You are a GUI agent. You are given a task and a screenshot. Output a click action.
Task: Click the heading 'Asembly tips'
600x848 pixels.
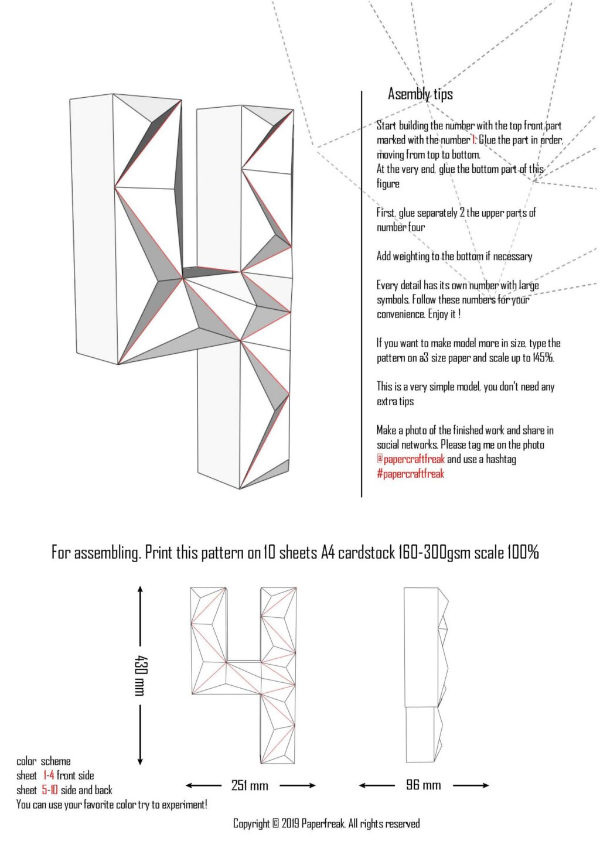(420, 94)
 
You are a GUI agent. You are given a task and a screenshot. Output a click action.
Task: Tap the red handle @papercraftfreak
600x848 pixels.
(410, 459)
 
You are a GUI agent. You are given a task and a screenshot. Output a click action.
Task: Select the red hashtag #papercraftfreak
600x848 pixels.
(410, 474)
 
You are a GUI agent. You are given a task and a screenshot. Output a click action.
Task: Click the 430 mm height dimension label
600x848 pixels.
(140, 675)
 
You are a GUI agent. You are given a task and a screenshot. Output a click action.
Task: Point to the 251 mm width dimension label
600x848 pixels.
(250, 785)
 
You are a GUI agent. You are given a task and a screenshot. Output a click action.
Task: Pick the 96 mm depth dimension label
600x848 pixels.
(423, 785)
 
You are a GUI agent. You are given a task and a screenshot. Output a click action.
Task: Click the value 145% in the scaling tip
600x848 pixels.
(543, 358)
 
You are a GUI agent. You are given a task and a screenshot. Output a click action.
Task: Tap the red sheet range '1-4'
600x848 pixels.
(48, 775)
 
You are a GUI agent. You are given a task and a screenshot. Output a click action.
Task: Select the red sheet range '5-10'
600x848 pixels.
(50, 790)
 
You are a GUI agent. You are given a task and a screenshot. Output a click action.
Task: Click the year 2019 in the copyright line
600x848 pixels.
(290, 824)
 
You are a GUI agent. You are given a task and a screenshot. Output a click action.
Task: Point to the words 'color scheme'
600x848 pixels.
(43, 761)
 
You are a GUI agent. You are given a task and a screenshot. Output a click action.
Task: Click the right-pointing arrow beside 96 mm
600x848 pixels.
(471, 785)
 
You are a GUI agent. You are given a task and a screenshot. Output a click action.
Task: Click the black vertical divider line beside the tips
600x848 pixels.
(362, 293)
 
